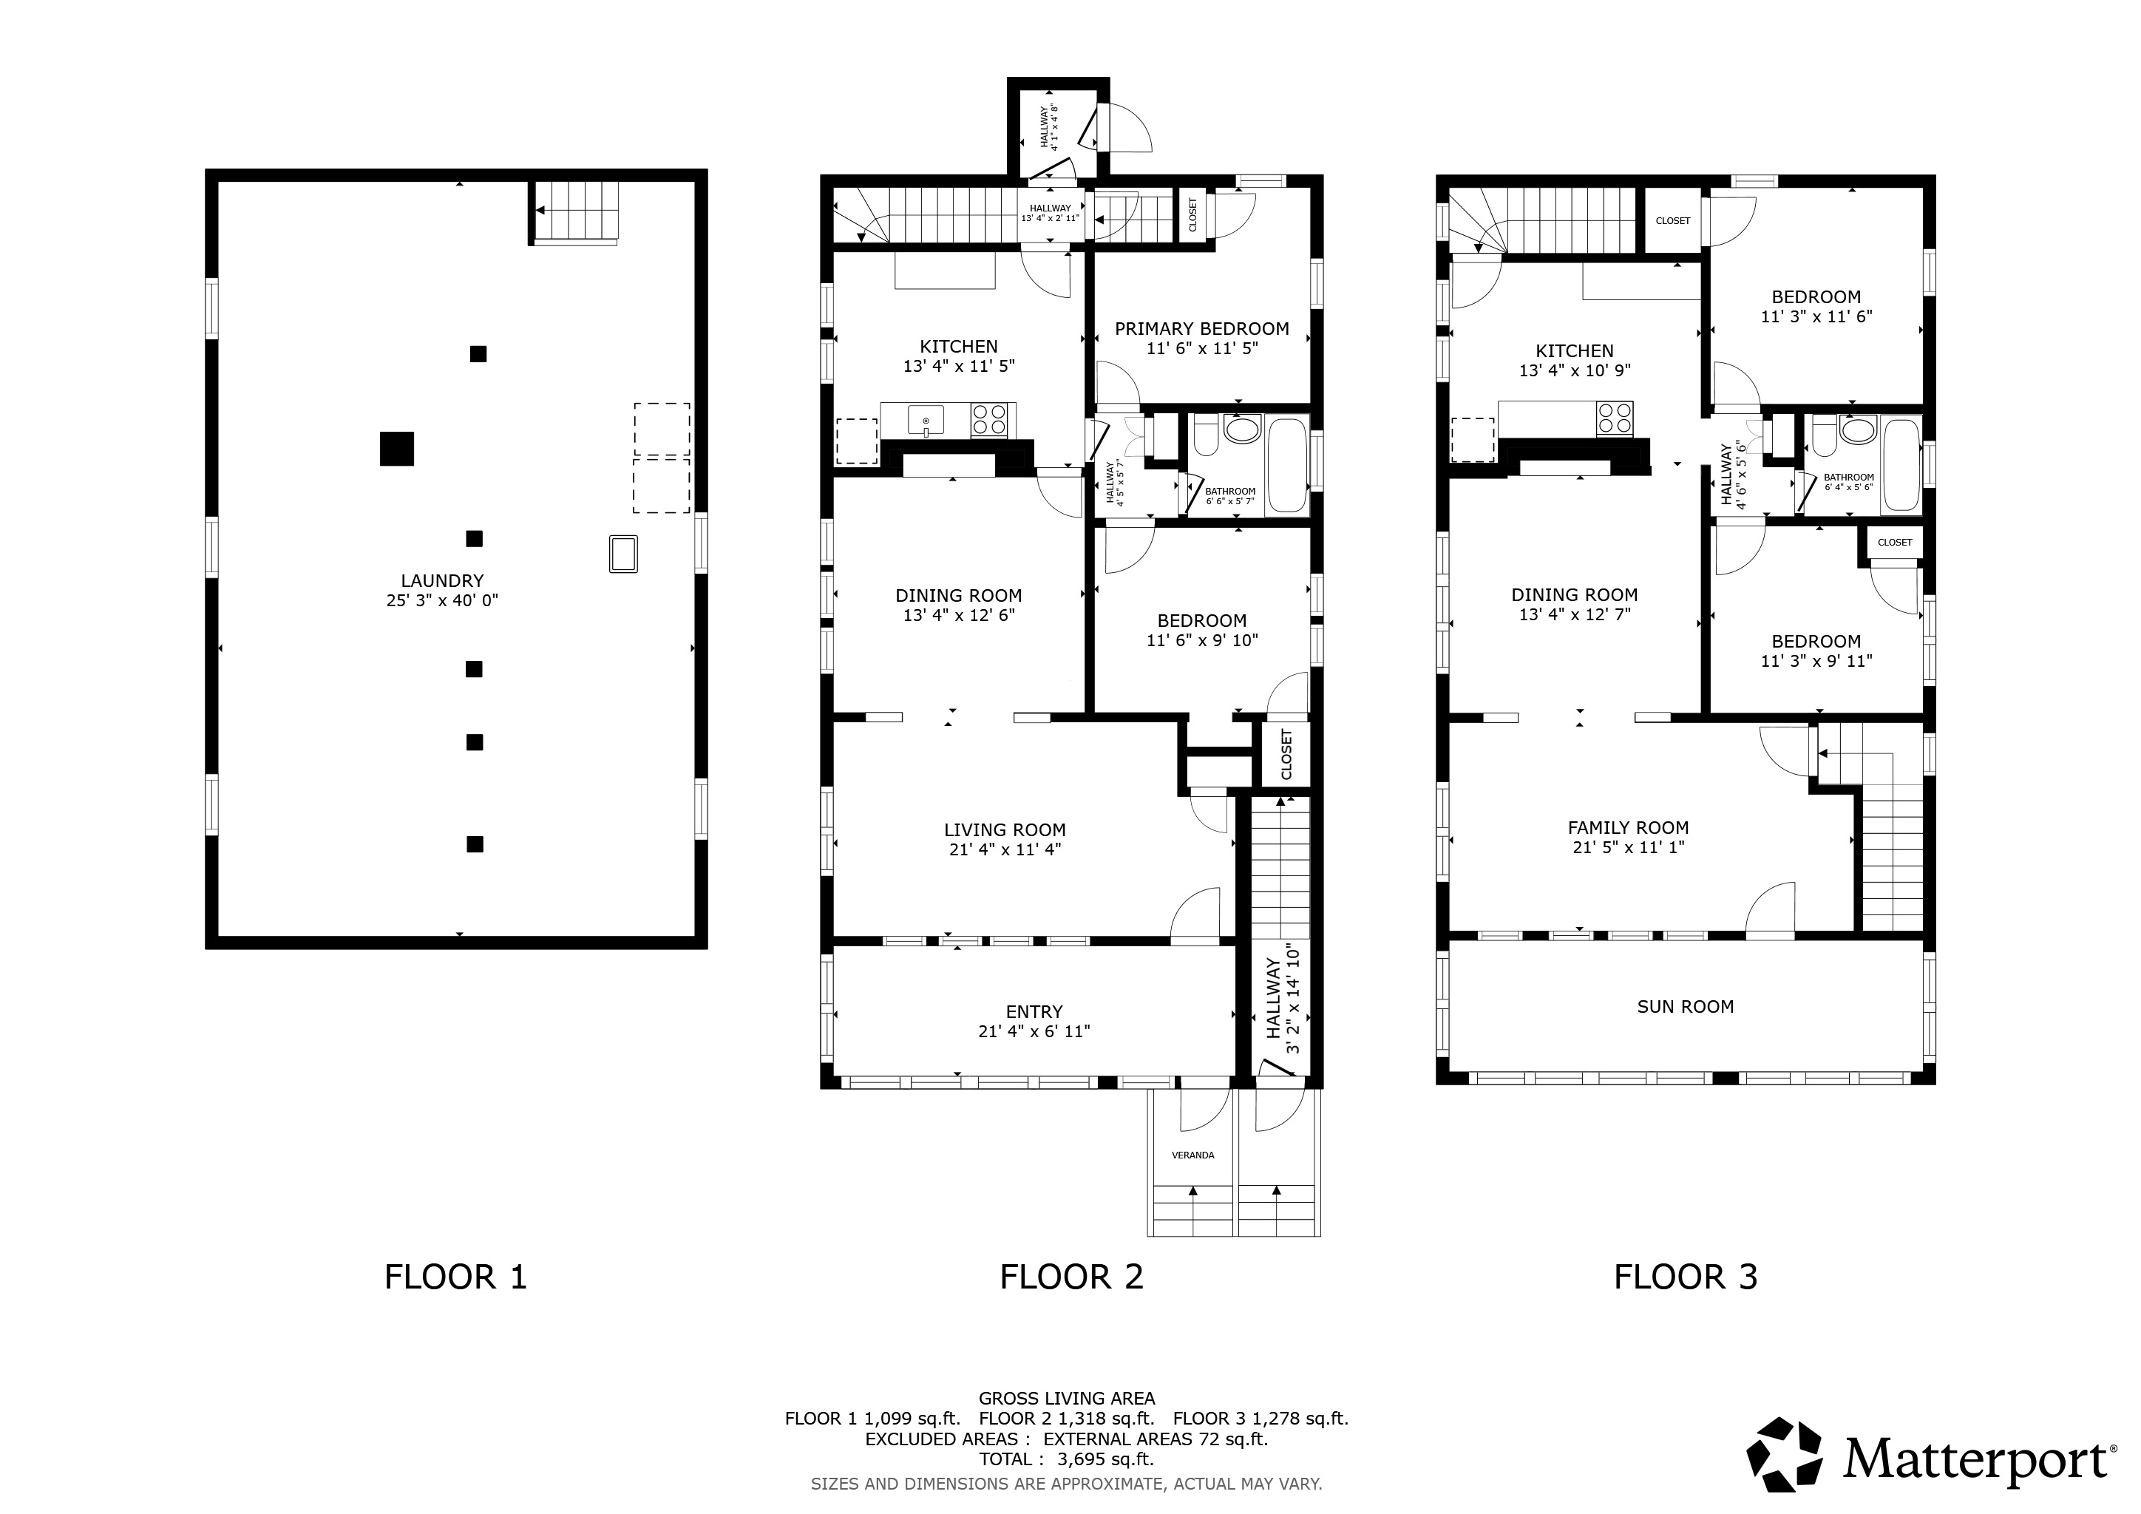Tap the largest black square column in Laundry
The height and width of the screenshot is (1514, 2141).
(x=396, y=449)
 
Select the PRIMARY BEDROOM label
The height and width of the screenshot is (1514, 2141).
(x=1202, y=328)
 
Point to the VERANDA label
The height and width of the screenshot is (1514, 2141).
(x=1192, y=1155)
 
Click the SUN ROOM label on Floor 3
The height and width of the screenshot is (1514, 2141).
(x=1685, y=1006)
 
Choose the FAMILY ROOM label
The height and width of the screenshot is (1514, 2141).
(x=1628, y=827)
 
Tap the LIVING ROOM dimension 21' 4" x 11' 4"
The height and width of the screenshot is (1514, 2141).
(x=1004, y=849)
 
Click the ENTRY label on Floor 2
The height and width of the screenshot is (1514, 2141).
(x=1034, y=1011)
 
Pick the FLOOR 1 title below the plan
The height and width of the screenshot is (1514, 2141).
(x=456, y=1276)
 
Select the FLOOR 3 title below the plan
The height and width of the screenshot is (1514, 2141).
(x=1685, y=1276)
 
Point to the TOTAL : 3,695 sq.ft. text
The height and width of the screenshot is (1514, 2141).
(x=1067, y=1459)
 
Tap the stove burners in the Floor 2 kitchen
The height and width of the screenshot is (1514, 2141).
(x=991, y=419)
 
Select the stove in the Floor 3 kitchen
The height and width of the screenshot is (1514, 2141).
(x=1614, y=418)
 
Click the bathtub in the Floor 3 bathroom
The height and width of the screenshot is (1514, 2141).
(x=1901, y=464)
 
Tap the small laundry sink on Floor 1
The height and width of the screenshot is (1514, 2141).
(x=623, y=553)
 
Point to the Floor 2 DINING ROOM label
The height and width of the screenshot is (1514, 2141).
(x=959, y=595)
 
